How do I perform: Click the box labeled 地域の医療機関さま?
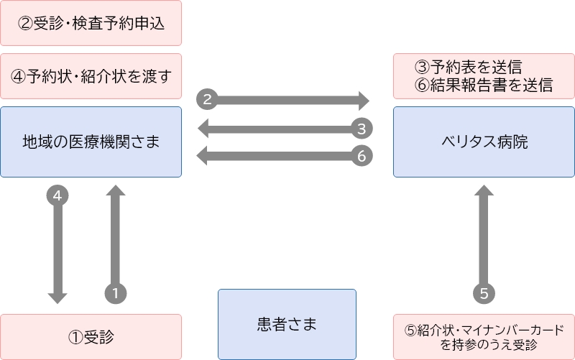click(x=91, y=142)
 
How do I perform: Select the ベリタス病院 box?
click(x=484, y=142)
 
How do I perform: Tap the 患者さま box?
click(x=287, y=323)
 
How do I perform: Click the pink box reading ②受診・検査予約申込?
click(x=91, y=23)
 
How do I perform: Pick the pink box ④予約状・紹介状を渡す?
click(x=91, y=75)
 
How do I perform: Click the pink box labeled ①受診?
click(x=91, y=336)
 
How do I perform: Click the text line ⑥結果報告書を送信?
click(x=484, y=86)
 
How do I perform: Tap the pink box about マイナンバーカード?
click(x=484, y=336)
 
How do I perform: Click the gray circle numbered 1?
click(x=116, y=292)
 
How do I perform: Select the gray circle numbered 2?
click(x=207, y=99)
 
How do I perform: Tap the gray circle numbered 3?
click(x=362, y=129)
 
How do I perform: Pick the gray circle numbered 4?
click(x=57, y=194)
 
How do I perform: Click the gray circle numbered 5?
click(x=484, y=292)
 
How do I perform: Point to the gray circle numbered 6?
click(x=362, y=154)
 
